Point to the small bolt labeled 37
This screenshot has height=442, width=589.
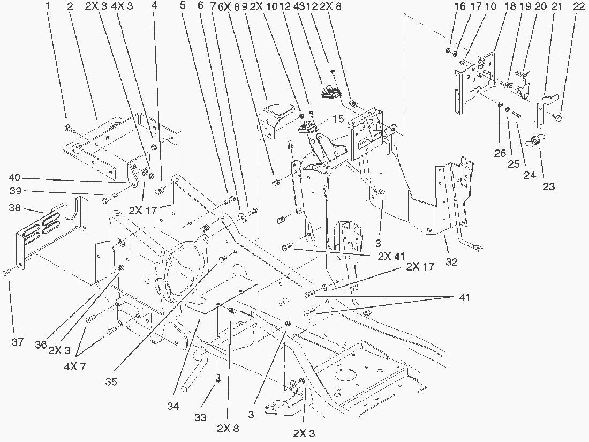click(x=6, y=273)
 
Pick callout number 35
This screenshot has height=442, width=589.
click(x=111, y=382)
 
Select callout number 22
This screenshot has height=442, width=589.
click(x=578, y=7)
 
